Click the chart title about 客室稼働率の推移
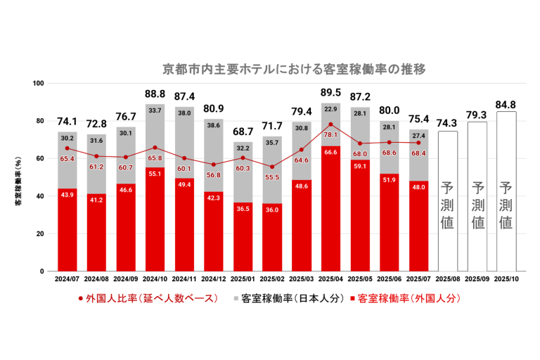pyautogui.click(x=294, y=70)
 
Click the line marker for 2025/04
pyautogui.click(x=330, y=124)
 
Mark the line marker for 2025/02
pyautogui.click(x=271, y=167)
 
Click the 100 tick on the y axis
pyautogui.click(x=39, y=84)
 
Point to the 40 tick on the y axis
pyautogui.click(x=41, y=196)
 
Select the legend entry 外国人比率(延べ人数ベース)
pyautogui.click(x=143, y=298)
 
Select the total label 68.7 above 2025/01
pyautogui.click(x=243, y=132)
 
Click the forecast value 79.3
pyautogui.click(x=477, y=115)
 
